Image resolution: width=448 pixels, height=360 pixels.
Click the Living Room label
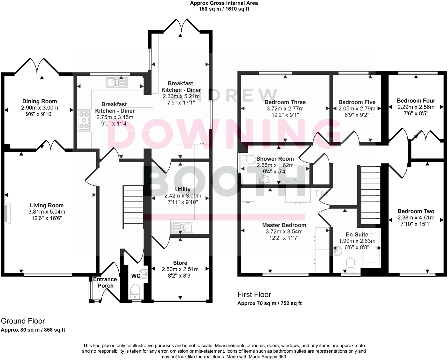click(47, 205)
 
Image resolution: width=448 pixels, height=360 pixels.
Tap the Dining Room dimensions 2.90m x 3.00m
click(40, 108)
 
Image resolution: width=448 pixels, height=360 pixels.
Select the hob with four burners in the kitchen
click(84, 120)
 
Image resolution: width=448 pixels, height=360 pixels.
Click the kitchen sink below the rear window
click(116, 82)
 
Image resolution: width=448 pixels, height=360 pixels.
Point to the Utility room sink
click(182, 227)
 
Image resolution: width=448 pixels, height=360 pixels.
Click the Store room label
click(180, 263)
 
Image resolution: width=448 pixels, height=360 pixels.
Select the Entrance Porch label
click(105, 282)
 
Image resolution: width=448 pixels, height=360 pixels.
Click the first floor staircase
click(371, 195)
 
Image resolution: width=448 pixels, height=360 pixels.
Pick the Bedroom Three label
click(285, 102)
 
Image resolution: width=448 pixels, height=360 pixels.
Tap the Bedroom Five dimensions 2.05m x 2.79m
click(357, 109)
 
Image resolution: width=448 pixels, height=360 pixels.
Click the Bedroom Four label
click(416, 101)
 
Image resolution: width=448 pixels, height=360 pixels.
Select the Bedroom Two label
click(416, 211)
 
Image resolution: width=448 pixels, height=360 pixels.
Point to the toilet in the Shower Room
click(248, 159)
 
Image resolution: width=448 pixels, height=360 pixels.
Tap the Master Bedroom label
click(284, 225)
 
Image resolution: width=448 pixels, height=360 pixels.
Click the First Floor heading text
click(254, 295)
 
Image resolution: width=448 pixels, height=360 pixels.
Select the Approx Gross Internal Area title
click(224, 3)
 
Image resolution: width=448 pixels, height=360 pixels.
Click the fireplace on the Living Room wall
click(7, 212)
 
